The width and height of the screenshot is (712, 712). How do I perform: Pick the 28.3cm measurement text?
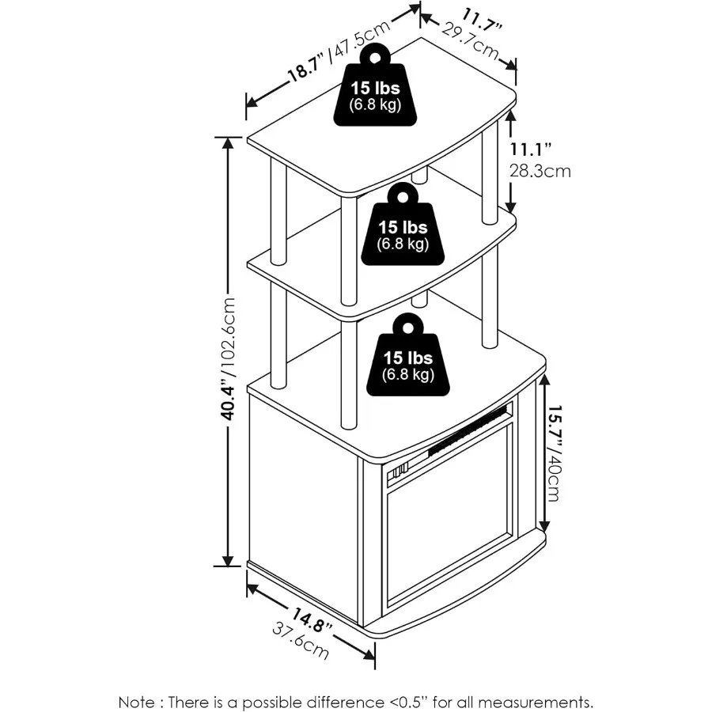(x=540, y=171)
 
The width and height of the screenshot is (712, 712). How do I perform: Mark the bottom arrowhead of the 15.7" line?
(x=544, y=528)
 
